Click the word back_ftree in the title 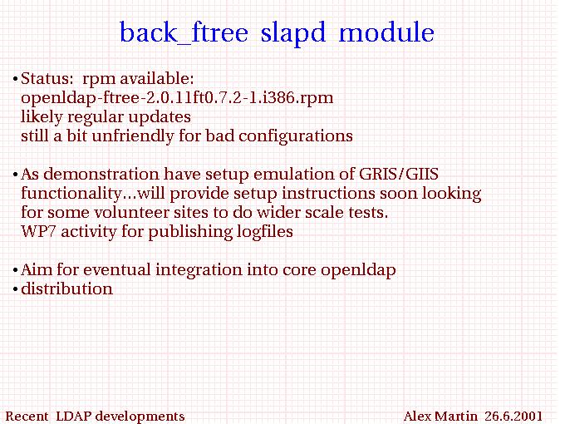coord(184,33)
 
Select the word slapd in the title coord(293,32)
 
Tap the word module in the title coord(386,32)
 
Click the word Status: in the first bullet coord(47,79)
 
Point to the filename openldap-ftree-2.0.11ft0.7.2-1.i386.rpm coord(177,98)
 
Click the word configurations coord(296,136)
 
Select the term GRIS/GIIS coord(399,174)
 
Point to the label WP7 coord(38,231)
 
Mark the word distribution coord(66,288)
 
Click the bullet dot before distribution coord(15,289)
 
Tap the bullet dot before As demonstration coord(15,175)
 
